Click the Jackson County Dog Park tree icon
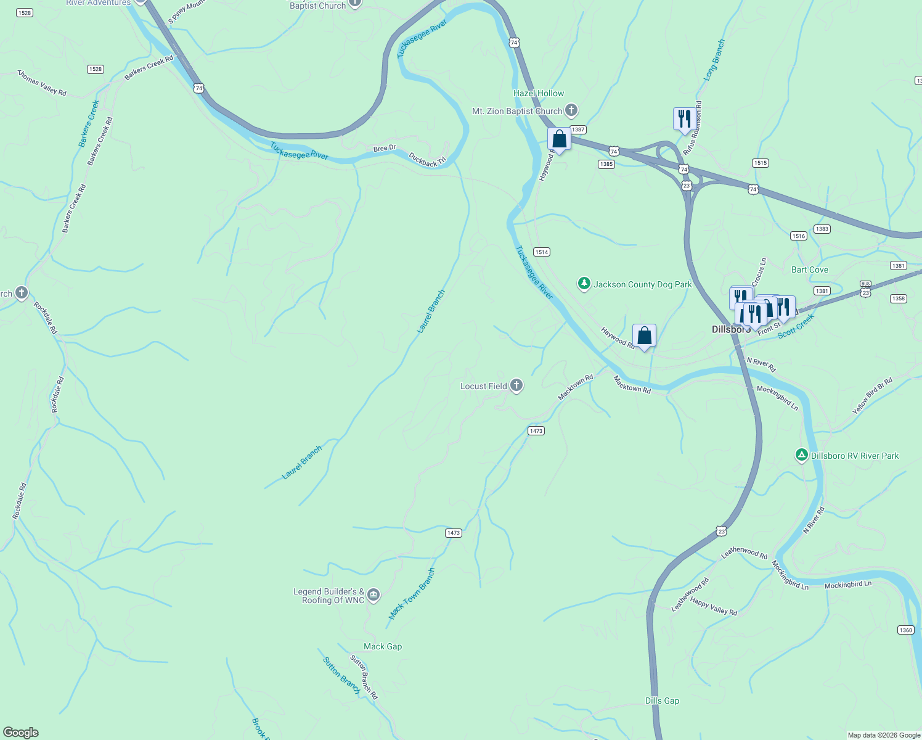coord(584,284)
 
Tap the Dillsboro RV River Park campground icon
coord(801,455)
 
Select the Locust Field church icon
coord(516,386)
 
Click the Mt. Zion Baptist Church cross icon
coord(571,111)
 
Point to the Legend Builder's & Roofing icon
coord(373,595)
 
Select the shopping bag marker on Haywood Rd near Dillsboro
coord(644,336)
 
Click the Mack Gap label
coord(383,646)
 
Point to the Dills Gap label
coord(662,701)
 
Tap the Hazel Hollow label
coord(539,93)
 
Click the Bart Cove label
coord(810,269)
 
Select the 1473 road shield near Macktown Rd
coord(536,430)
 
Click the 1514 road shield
coord(541,252)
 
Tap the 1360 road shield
coord(905,630)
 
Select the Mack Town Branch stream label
coord(412,593)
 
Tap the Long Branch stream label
coord(715,60)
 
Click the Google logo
coord(20,733)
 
